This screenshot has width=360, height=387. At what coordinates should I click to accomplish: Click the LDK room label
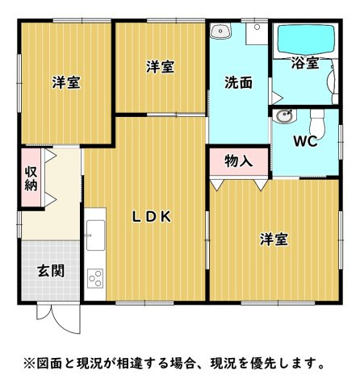[152, 217]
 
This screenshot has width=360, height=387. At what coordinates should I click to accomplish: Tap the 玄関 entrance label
[51, 270]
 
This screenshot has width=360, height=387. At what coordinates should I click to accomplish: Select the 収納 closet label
[31, 179]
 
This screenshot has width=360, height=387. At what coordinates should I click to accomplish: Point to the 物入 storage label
[238, 161]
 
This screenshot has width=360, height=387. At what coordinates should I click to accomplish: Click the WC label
[305, 141]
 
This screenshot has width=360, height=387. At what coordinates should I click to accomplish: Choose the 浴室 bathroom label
[305, 63]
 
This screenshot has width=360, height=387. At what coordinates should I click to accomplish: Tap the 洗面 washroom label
[238, 82]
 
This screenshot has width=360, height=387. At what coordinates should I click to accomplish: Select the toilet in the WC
[317, 123]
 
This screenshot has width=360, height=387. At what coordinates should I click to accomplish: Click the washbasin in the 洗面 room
[220, 31]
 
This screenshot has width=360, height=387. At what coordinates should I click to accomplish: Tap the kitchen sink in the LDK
[95, 235]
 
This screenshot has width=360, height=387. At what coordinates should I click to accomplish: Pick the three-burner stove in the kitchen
[95, 278]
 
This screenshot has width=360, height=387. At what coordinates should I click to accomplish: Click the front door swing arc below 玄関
[62, 327]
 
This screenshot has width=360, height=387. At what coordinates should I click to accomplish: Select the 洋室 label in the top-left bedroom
[66, 82]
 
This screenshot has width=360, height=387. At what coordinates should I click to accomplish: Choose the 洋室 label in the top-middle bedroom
[161, 67]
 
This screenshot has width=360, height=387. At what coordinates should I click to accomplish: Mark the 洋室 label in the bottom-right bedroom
[274, 239]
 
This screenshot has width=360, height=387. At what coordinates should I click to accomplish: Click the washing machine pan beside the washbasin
[257, 33]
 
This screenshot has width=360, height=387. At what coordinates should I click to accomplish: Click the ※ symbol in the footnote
[30, 363]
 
